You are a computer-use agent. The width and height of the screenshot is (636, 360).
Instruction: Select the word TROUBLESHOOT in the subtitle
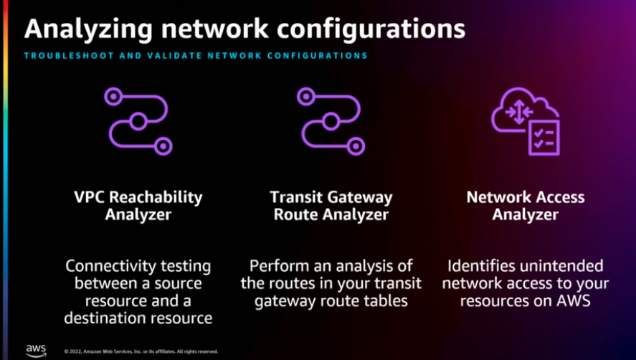click(x=62, y=55)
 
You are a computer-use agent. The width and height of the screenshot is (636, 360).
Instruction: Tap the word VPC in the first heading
click(x=91, y=196)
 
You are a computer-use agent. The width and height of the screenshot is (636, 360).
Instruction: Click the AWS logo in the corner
click(x=36, y=349)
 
